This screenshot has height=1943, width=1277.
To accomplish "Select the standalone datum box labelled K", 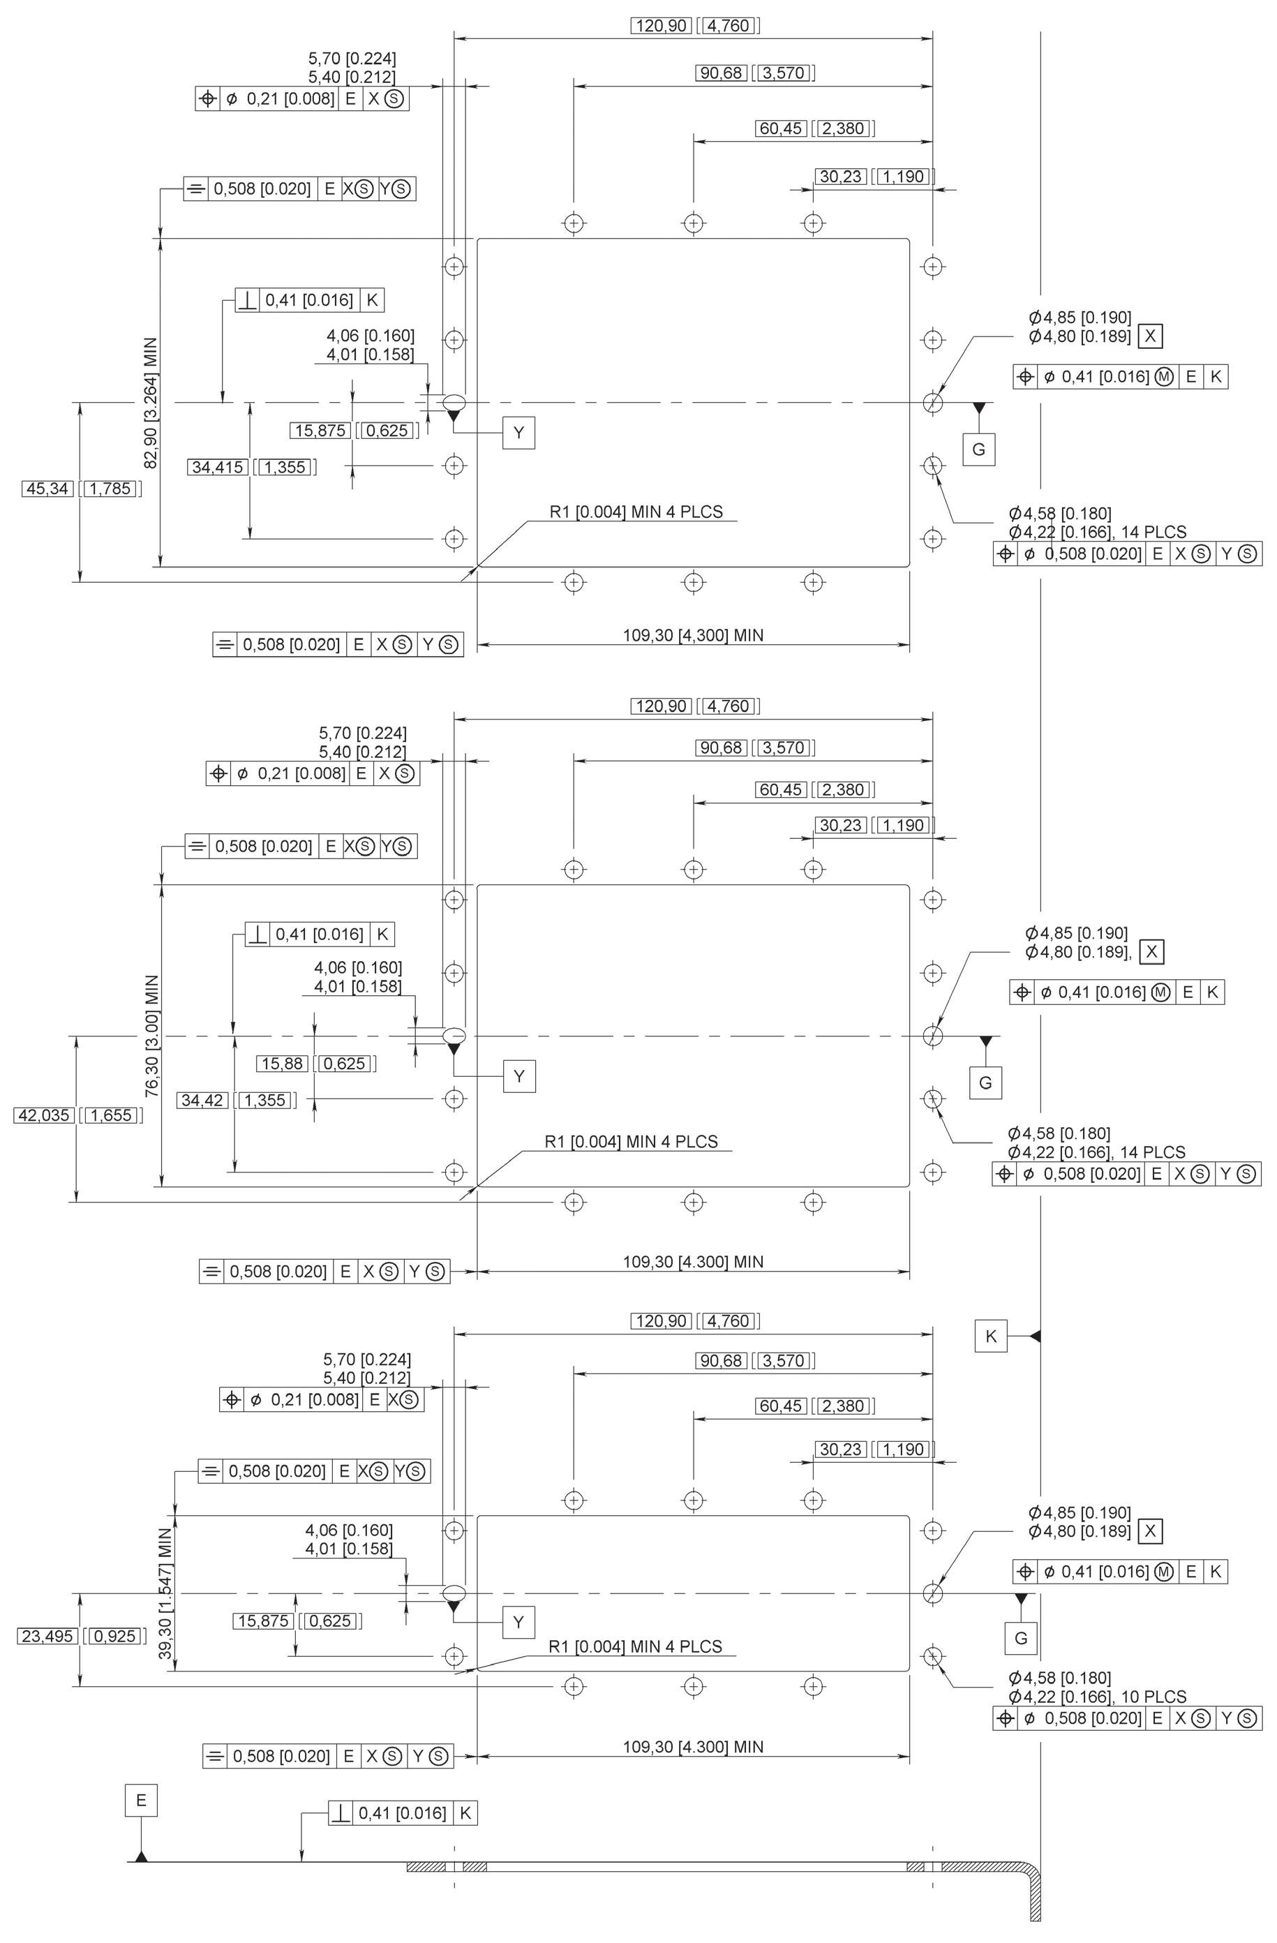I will click(990, 1337).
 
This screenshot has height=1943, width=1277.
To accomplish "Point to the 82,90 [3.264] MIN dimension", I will click(152, 403).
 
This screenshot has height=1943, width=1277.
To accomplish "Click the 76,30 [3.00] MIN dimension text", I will click(152, 1036).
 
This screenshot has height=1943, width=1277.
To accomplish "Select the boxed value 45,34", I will click(48, 489).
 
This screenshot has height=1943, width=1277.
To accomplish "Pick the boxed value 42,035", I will click(44, 1115).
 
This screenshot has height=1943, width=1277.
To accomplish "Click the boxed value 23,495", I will click(47, 1636).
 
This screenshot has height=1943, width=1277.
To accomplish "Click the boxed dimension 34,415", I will click(218, 467).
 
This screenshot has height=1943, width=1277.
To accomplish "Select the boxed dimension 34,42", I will click(202, 1101).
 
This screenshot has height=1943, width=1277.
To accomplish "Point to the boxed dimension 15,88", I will click(283, 1064).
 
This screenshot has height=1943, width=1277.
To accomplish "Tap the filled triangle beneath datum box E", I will click(141, 1834).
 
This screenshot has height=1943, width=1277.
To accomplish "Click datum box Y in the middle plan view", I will click(519, 1077).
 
